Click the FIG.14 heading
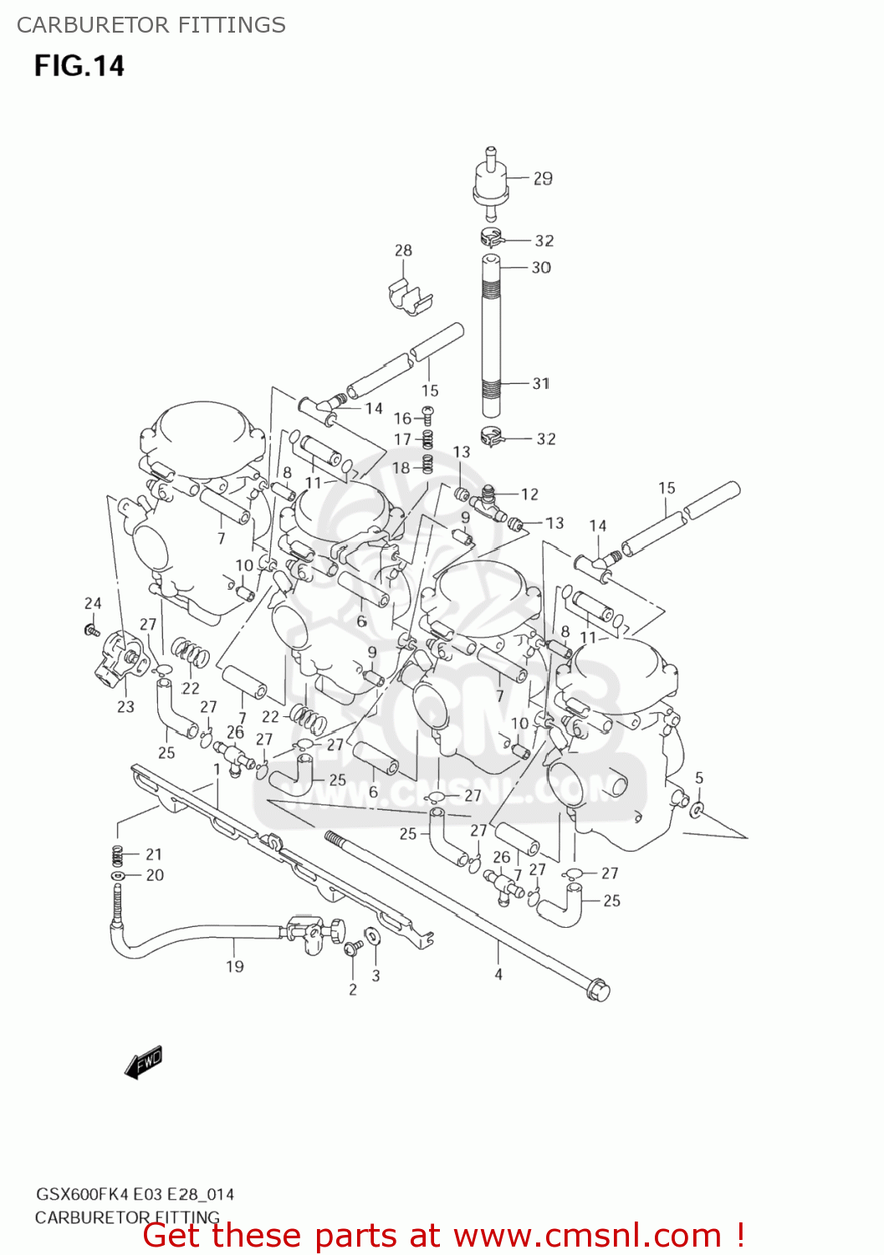pyautogui.click(x=79, y=66)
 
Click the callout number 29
pyautogui.click(x=543, y=178)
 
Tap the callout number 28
pyautogui.click(x=403, y=250)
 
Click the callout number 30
pyautogui.click(x=541, y=268)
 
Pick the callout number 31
pyautogui.click(x=541, y=383)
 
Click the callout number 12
pyautogui.click(x=529, y=494)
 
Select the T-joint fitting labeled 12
pyautogui.click(x=489, y=501)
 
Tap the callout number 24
pyautogui.click(x=93, y=603)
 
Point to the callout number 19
pyautogui.click(x=235, y=966)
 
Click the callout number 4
pyautogui.click(x=498, y=974)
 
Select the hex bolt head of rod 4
pyautogui.click(x=599, y=991)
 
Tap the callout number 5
pyautogui.click(x=699, y=778)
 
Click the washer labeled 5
pyautogui.click(x=697, y=809)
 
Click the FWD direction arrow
pyautogui.click(x=143, y=1062)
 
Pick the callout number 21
pyautogui.click(x=154, y=854)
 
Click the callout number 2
pyautogui.click(x=353, y=990)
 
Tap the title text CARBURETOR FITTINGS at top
pyautogui.click(x=151, y=25)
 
